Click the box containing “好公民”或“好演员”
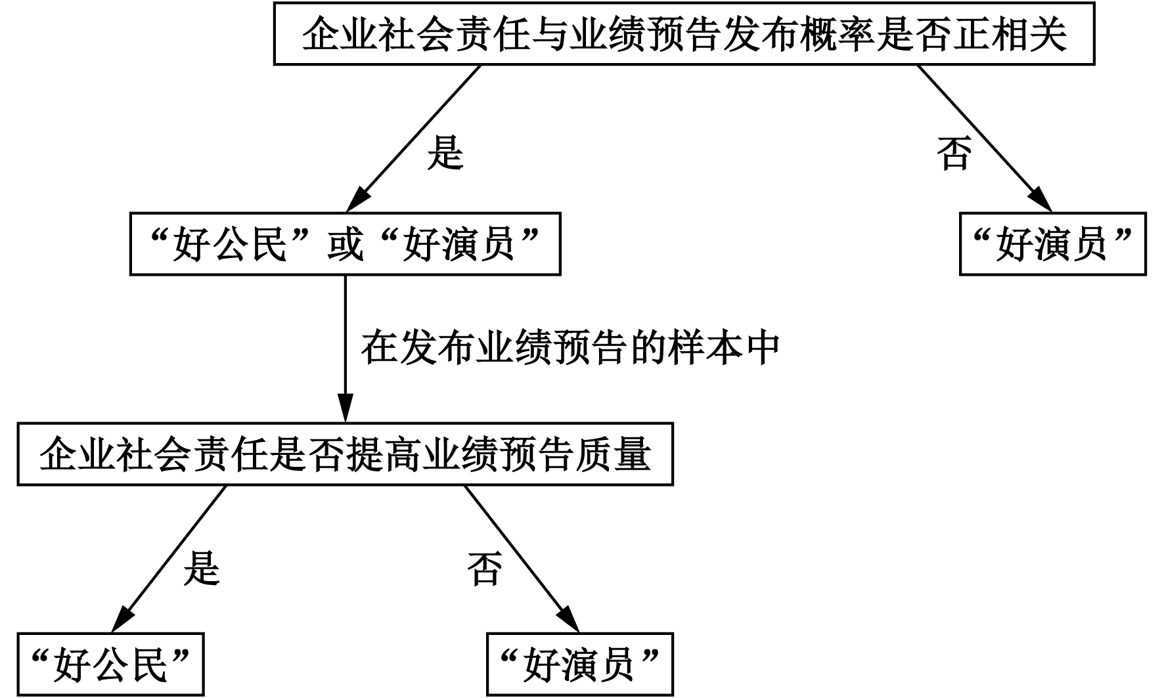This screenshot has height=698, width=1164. tap(345, 244)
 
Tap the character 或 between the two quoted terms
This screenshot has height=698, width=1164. tap(345, 244)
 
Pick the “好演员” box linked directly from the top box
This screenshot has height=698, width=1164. tap(1052, 244)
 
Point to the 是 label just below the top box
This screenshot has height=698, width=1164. tap(445, 153)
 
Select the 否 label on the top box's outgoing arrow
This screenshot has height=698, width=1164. tap(954, 154)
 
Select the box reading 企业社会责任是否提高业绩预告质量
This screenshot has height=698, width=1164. tap(345, 454)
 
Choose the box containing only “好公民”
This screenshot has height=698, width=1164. tap(110, 665)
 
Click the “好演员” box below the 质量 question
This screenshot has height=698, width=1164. tap(579, 665)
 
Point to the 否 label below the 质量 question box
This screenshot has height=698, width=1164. tap(485, 569)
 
